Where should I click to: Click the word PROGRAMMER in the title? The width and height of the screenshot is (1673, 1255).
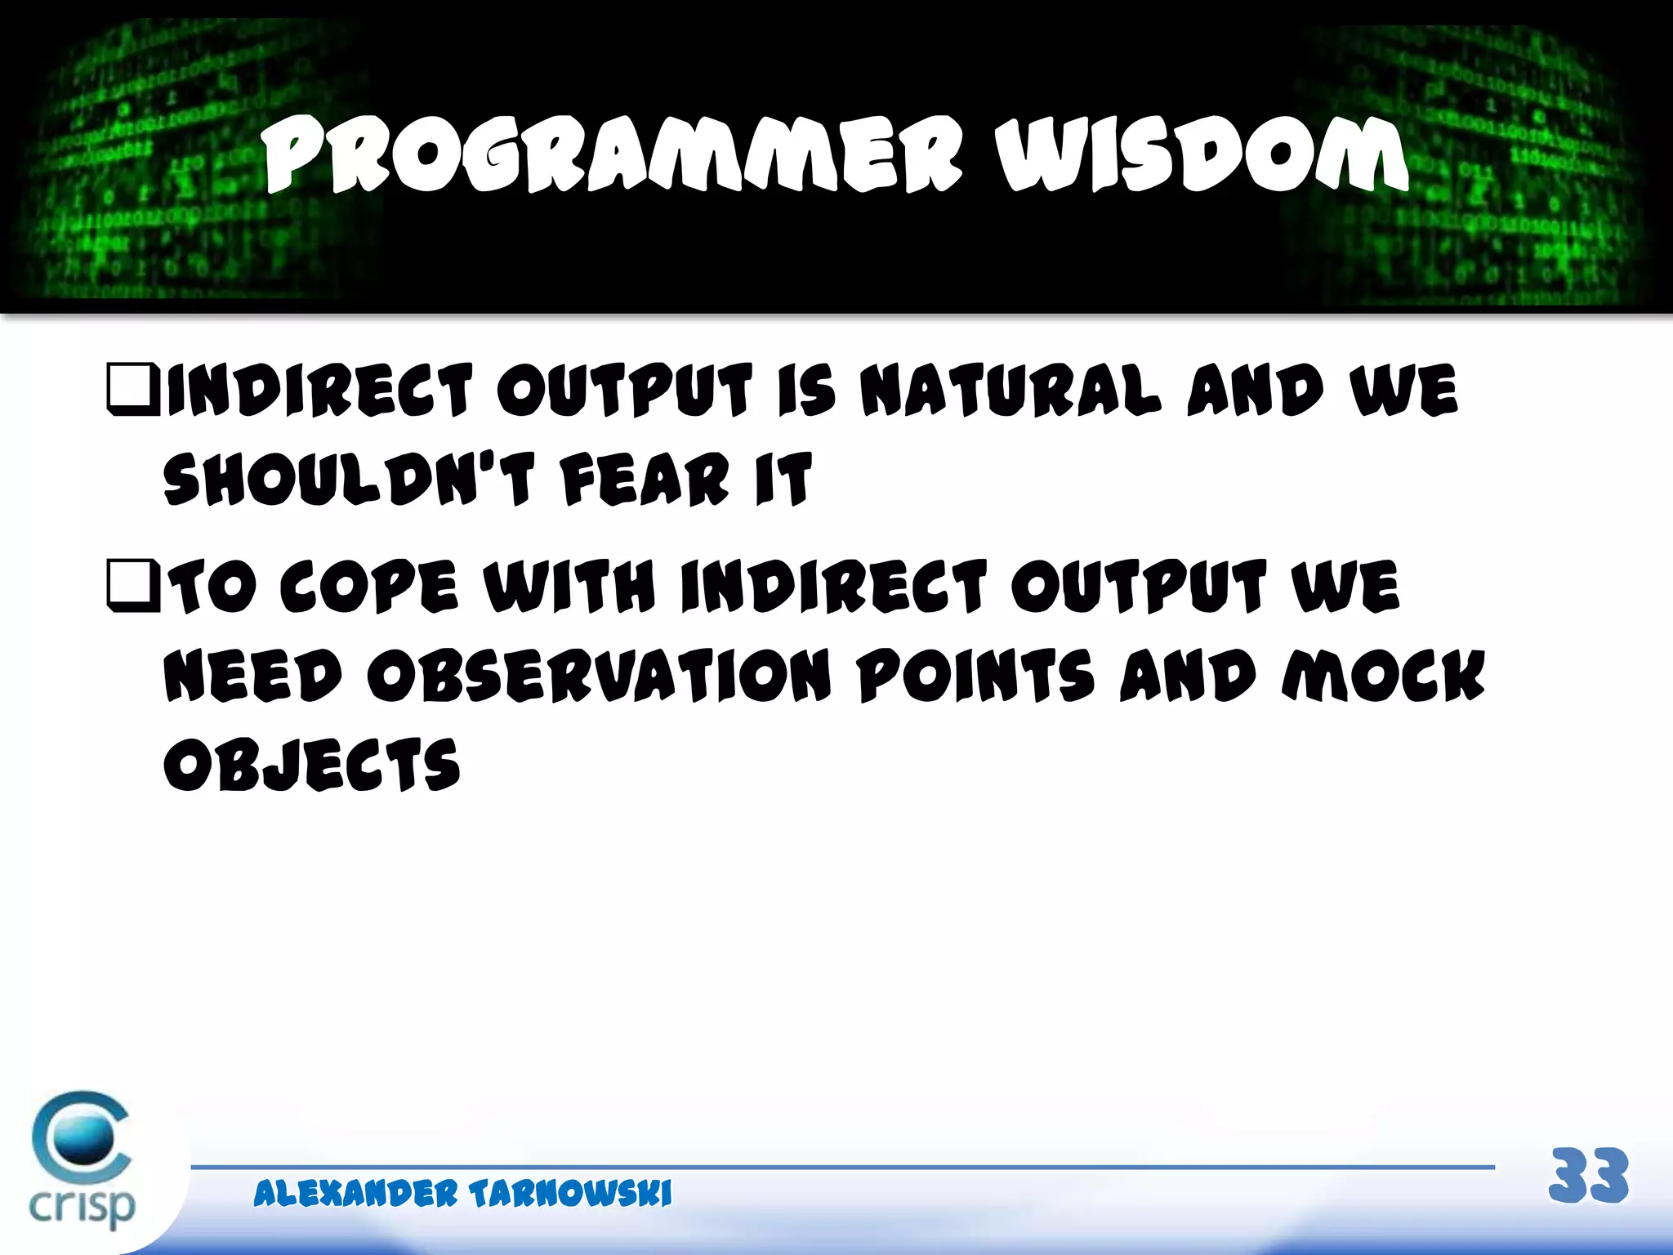[x=613, y=155]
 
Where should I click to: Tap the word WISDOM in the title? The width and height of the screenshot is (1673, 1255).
[x=1201, y=155]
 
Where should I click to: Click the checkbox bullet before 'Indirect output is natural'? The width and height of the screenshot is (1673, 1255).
[x=132, y=391]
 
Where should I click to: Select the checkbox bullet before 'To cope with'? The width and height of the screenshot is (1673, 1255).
[x=132, y=586]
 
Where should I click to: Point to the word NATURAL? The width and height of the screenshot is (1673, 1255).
[x=1010, y=391]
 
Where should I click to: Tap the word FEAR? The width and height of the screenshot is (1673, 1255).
[x=645, y=480]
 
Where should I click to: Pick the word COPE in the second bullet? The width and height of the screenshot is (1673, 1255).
[x=368, y=587]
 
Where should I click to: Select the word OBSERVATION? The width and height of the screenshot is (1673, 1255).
[x=598, y=677]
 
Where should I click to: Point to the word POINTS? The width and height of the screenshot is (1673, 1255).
[x=975, y=677]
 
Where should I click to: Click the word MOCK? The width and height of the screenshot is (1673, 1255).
[x=1383, y=677]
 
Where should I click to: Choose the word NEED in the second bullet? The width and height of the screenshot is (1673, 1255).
[x=252, y=677]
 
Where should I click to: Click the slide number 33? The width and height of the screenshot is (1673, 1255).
[x=1588, y=1177]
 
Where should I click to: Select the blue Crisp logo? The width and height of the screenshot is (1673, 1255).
[x=82, y=1160]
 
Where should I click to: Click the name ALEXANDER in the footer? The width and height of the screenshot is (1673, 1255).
[x=355, y=1194]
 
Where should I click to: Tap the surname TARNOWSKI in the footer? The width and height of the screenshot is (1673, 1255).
[x=570, y=1194]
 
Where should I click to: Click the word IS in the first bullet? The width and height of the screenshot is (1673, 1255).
[x=806, y=391]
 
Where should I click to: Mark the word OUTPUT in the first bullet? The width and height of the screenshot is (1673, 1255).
[x=624, y=391]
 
